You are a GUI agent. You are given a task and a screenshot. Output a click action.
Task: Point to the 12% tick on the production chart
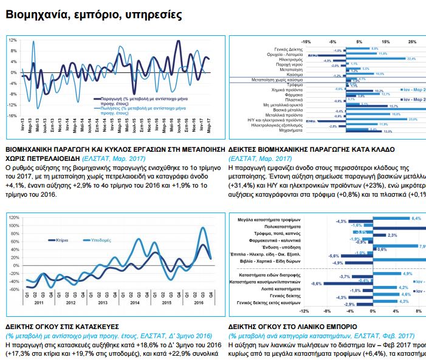[x=13, y=40]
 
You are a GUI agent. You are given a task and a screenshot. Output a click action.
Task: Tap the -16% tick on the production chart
[x=13, y=115]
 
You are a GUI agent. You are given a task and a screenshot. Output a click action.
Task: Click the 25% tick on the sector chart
[x=413, y=42]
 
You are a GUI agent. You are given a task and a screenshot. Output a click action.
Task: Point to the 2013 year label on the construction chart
[x=102, y=302]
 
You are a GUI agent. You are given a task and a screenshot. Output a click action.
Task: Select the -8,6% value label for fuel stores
[x=316, y=284]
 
